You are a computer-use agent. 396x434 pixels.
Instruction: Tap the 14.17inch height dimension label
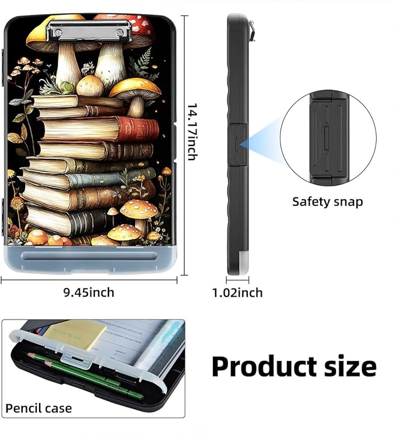[192, 132]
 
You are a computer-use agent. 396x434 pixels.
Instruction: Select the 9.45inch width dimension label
[89, 293]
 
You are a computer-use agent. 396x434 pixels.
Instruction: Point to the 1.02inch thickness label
[237, 293]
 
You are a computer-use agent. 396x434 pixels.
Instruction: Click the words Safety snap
[327, 202]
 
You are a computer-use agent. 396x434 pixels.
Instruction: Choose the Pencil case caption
[38, 408]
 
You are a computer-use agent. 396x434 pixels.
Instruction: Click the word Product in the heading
[264, 366]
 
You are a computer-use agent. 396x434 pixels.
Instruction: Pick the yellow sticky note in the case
[75, 334]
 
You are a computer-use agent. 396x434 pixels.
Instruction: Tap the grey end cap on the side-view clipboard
[243, 261]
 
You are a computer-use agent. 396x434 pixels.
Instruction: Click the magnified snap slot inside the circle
[327, 138]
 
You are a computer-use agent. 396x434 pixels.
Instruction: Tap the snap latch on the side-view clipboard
[237, 144]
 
